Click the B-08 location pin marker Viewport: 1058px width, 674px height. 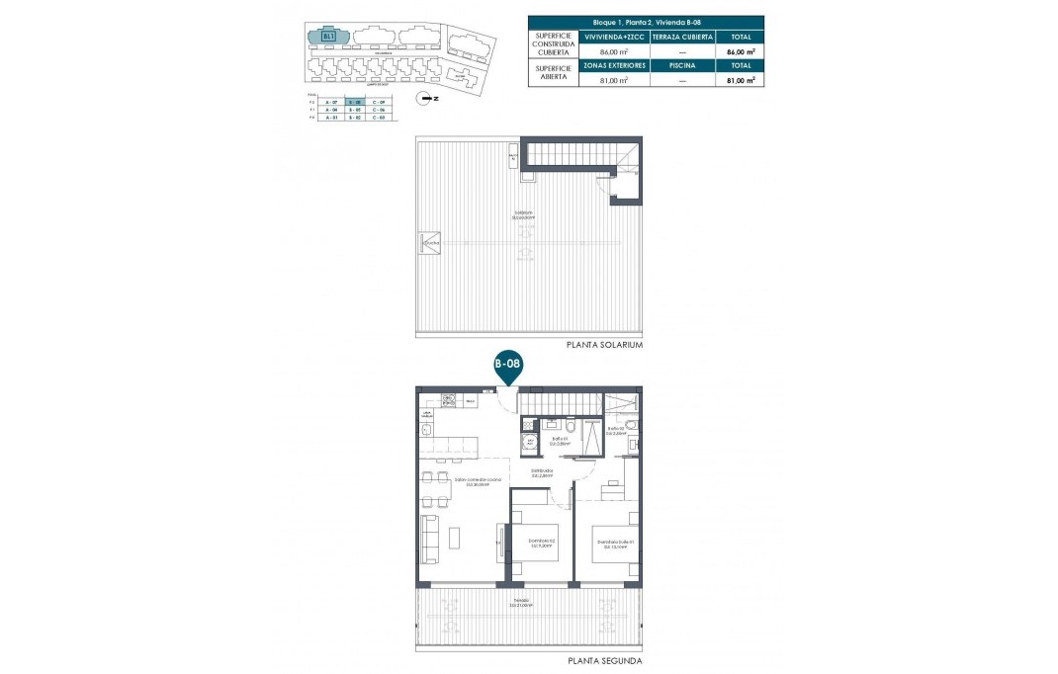pos(507,365)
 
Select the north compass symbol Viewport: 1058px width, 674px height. pos(425,97)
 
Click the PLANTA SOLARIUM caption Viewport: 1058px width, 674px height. pos(604,346)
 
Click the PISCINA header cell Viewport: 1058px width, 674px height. pos(682,65)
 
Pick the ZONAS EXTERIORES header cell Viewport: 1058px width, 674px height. pos(614,65)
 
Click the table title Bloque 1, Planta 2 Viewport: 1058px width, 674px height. pos(647,21)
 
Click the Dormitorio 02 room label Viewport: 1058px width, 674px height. pos(539,543)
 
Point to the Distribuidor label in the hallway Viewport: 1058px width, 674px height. pos(540,472)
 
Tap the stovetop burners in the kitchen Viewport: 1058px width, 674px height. pos(449,401)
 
